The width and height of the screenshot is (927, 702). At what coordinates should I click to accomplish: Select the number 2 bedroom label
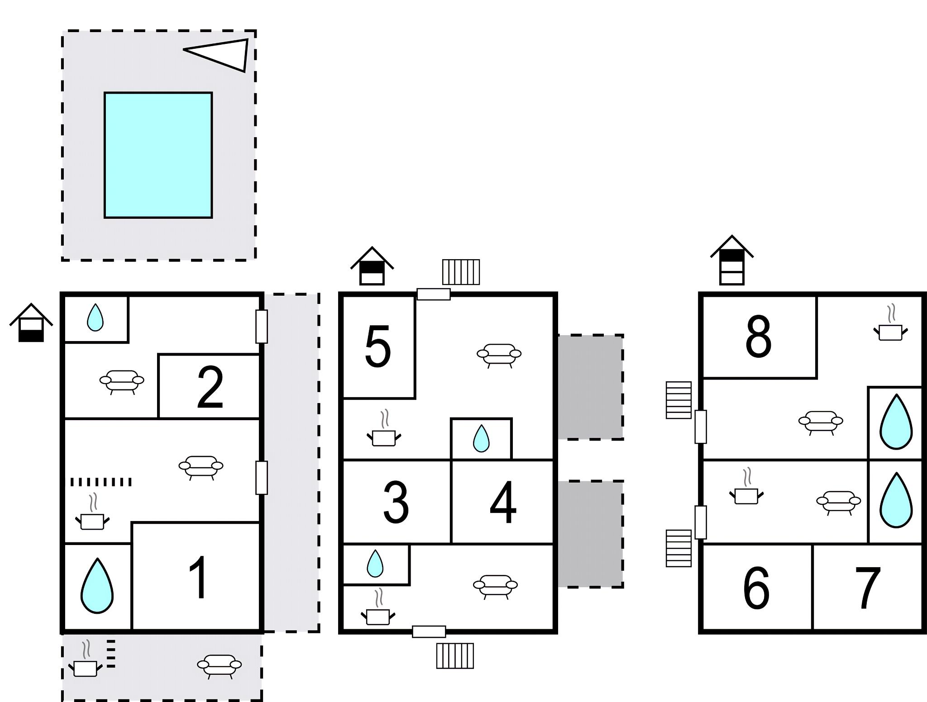(210, 387)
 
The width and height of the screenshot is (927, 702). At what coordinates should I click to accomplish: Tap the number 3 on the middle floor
(396, 502)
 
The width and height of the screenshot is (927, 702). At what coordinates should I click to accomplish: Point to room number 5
(378, 347)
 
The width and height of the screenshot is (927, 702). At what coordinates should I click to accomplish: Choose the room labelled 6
(756, 588)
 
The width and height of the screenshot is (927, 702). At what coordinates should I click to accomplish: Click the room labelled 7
(868, 588)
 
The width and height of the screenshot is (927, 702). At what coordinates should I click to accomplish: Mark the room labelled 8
(758, 337)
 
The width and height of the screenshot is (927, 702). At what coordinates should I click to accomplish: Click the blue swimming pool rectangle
(158, 155)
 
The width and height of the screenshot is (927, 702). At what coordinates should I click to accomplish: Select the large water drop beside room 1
(97, 586)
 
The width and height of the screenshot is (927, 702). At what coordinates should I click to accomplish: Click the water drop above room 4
(481, 438)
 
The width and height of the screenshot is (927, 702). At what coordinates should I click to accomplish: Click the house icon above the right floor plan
(731, 261)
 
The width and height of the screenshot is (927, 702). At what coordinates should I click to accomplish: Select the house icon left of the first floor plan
(31, 323)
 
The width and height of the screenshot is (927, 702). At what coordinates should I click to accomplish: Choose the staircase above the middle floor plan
(461, 272)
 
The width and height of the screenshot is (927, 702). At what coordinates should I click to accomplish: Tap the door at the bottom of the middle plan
(429, 631)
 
